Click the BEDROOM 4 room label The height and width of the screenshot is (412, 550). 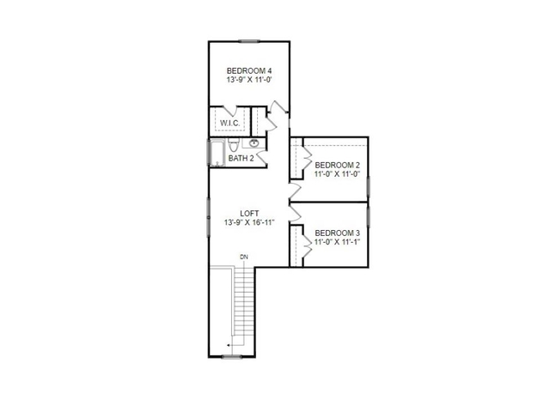click(249, 70)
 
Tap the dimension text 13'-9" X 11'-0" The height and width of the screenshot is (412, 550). click(249, 80)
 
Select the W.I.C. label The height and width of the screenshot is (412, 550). click(229, 123)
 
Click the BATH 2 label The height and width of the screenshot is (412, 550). click(241, 158)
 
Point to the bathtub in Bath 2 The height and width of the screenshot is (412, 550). click(217, 153)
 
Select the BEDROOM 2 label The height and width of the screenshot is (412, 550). click(337, 165)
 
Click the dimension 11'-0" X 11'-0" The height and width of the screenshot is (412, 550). click(337, 174)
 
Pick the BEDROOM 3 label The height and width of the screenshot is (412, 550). click(337, 233)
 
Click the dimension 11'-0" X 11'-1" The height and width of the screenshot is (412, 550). click(337, 242)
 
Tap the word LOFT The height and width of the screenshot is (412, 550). click(249, 213)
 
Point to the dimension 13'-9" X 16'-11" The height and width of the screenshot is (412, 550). click(249, 223)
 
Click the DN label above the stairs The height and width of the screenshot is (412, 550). click(244, 257)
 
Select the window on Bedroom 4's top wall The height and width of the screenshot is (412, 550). click(250, 40)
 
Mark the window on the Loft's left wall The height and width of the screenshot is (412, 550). click(209, 211)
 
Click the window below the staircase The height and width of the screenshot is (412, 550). click(231, 355)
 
